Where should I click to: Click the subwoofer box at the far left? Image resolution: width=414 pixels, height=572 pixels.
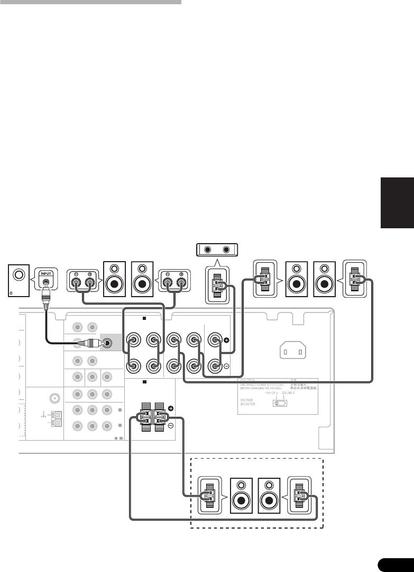[x=19, y=281]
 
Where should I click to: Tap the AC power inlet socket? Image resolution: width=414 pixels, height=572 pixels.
[x=292, y=350]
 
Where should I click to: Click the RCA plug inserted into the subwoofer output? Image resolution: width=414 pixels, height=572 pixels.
[x=87, y=343]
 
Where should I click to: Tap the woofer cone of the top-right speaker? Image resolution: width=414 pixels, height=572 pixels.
[x=324, y=283]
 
